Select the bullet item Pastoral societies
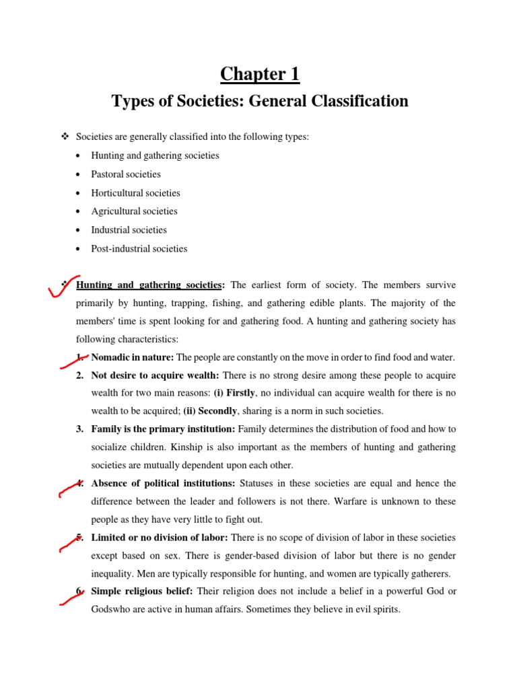[126, 174]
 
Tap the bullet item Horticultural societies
[135, 193]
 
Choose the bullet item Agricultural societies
[134, 211]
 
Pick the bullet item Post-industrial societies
[139, 249]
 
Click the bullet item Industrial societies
[129, 230]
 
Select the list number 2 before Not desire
[79, 374]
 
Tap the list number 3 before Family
[79, 429]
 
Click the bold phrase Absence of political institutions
[163, 483]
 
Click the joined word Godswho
[112, 610]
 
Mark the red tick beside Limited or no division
[71, 542]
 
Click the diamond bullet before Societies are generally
[65, 137]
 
